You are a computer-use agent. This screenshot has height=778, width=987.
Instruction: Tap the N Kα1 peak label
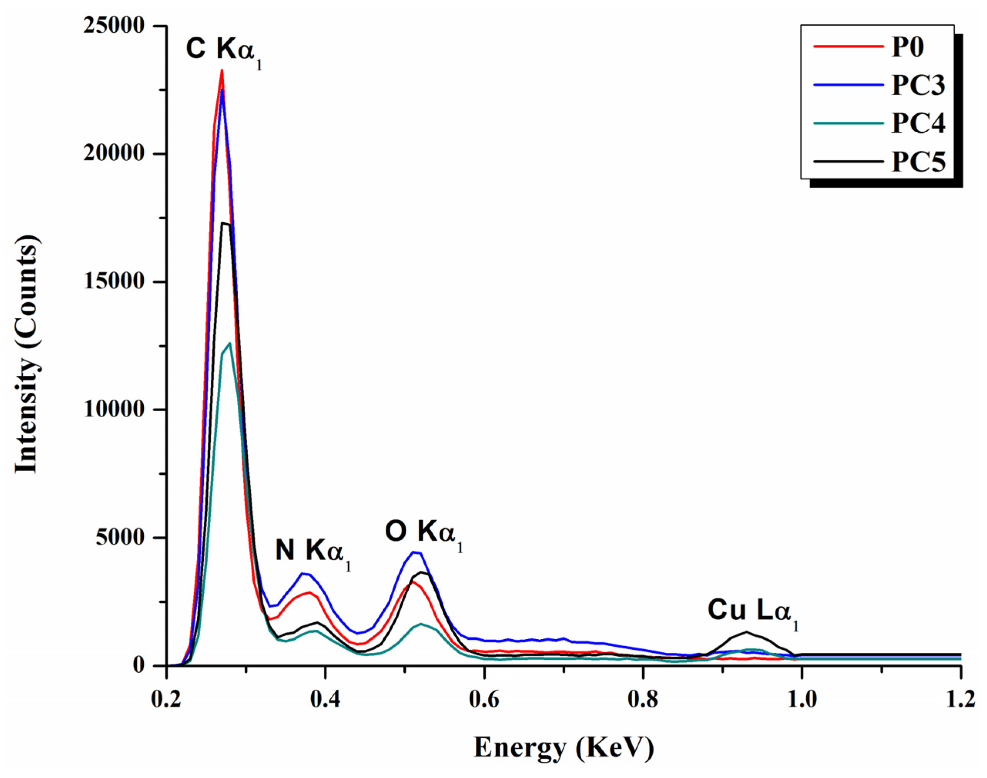[x=313, y=552]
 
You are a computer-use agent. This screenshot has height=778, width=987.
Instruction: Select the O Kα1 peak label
[x=424, y=533]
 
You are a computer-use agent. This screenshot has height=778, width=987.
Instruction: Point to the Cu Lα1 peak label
[x=752, y=612]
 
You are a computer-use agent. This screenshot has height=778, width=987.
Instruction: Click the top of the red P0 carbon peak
[x=222, y=71]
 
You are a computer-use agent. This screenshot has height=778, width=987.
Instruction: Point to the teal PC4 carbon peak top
[x=230, y=343]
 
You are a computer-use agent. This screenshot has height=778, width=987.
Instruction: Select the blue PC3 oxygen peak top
[x=413, y=552]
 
